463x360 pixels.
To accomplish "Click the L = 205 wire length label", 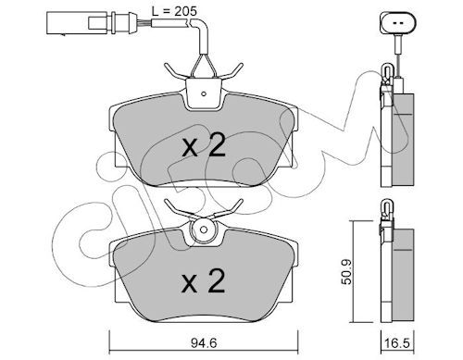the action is [174, 11].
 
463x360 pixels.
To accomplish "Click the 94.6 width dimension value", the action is [204, 342].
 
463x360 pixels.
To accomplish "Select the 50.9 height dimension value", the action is [348, 271].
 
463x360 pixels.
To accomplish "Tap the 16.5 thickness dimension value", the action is [397, 342].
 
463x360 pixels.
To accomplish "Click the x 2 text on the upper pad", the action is [204, 146].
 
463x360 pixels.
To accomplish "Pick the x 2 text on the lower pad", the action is [203, 280].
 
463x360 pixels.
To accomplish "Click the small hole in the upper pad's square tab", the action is [203, 93].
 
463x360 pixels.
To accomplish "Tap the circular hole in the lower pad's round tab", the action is [203, 230].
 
